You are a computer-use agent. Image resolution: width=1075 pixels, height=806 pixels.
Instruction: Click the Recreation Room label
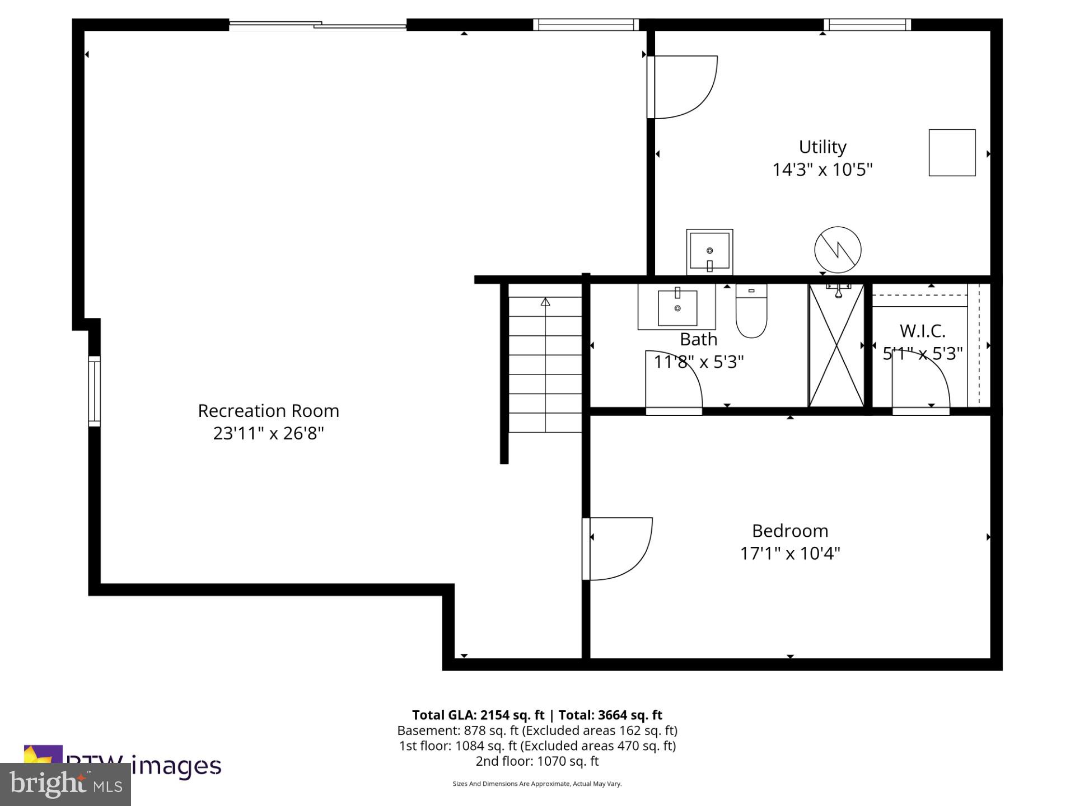(268, 411)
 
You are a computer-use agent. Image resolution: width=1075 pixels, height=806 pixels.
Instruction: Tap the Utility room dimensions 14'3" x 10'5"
(822, 170)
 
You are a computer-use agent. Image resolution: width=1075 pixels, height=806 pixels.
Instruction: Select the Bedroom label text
(789, 531)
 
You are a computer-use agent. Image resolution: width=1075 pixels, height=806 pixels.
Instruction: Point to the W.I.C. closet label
(922, 331)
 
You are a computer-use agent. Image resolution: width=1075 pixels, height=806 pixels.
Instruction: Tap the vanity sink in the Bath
(677, 307)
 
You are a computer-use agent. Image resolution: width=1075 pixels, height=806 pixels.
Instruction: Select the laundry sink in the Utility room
(709, 252)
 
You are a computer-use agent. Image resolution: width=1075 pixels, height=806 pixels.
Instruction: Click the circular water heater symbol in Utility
(838, 250)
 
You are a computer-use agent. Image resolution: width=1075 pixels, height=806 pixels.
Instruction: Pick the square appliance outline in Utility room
(952, 153)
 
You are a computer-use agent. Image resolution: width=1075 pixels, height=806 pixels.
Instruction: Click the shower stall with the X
(836, 346)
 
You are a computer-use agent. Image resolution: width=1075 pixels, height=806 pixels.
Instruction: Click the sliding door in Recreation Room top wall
(317, 25)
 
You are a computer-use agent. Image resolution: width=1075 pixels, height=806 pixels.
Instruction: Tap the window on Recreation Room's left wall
(94, 391)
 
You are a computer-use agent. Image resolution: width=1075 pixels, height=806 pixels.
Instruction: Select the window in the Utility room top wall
(867, 25)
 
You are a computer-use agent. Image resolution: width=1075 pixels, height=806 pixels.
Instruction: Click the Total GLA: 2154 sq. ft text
(478, 715)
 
